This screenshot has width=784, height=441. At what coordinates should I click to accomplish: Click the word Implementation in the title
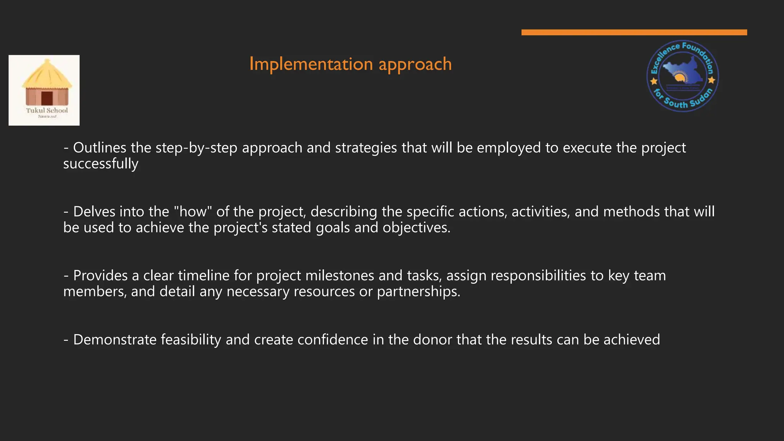[x=311, y=64]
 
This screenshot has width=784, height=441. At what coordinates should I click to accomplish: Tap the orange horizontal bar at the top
[x=634, y=32]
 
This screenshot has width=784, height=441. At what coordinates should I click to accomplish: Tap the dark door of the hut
[x=47, y=98]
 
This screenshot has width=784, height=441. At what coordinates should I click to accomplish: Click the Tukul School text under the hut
[x=47, y=110]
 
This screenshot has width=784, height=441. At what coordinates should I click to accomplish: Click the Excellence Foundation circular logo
[x=683, y=76]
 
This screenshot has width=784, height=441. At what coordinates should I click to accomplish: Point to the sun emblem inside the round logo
[x=680, y=78]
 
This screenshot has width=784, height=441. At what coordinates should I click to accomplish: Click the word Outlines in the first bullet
[x=100, y=148]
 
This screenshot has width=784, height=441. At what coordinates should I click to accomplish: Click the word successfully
[x=101, y=164]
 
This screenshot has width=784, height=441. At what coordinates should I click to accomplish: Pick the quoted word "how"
[x=193, y=211]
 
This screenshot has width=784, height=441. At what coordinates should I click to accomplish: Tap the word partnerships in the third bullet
[x=418, y=292]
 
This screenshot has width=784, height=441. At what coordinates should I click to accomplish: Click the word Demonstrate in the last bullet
[x=114, y=340]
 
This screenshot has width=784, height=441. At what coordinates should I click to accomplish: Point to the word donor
[x=433, y=340]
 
